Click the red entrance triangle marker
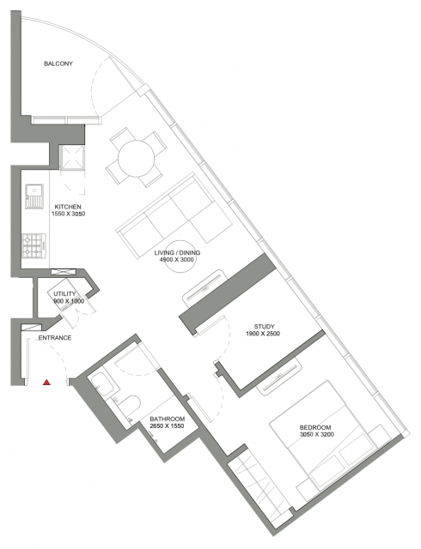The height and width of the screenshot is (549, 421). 46,383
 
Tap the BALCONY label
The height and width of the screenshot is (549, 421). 58,63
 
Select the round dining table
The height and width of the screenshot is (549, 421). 136,158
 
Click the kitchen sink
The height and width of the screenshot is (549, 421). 34,196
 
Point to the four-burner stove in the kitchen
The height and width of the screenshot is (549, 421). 34,245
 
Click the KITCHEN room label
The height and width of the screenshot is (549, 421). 68,207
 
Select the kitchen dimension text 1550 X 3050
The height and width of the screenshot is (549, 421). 69,214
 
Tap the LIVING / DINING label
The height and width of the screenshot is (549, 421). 177,252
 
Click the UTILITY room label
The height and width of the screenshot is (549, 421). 64,293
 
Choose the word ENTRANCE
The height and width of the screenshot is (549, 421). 55,338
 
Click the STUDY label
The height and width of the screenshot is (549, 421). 264,327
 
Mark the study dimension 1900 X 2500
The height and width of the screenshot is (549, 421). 263,334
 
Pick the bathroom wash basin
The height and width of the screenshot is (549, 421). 103,384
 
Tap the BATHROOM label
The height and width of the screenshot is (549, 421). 167,419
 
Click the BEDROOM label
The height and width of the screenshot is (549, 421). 315,427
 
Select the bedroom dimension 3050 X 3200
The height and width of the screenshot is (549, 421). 317,435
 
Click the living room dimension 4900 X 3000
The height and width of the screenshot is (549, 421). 176,259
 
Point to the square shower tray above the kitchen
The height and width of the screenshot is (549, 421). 72,158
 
